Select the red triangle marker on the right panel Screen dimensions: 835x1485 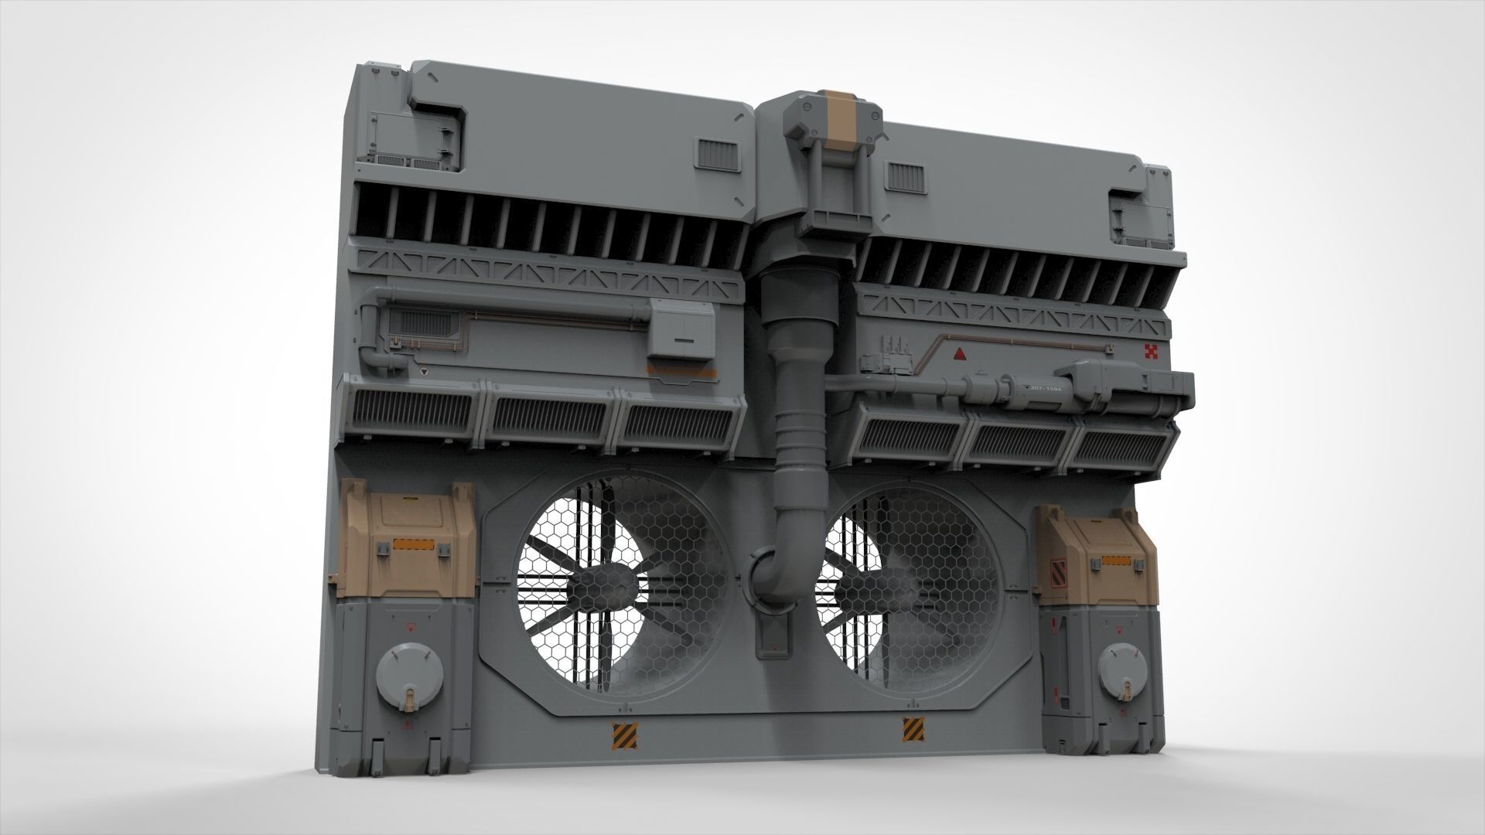[959, 355]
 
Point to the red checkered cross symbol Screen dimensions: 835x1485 [1152, 353]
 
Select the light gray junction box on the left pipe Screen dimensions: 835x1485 [680, 329]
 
